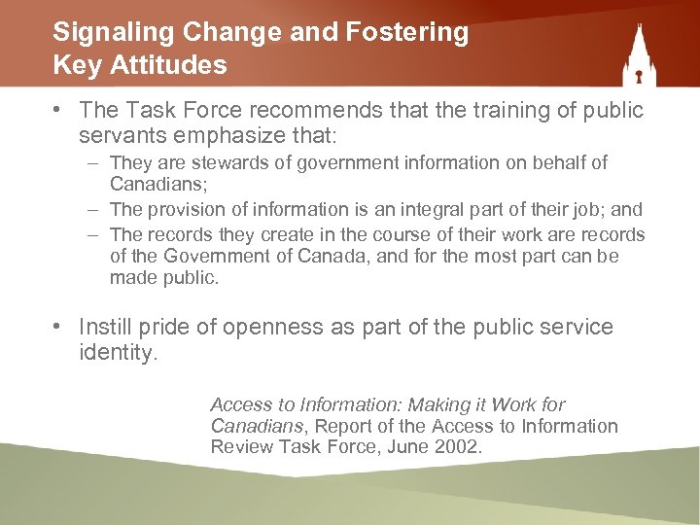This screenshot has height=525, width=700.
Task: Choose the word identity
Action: pos(118,353)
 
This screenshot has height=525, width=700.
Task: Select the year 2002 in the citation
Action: pos(459,447)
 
